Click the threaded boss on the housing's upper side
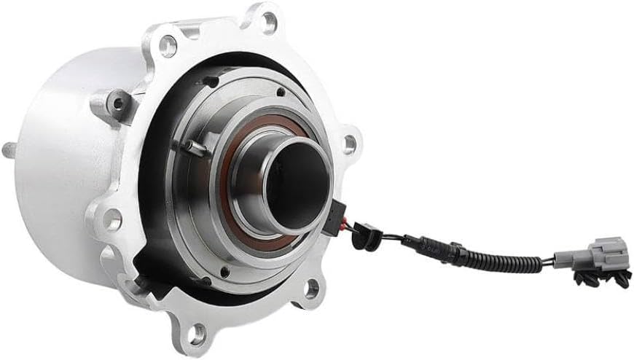117,103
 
